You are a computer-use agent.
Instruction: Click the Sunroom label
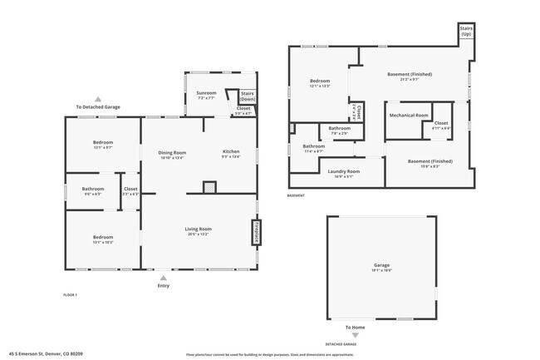click(x=206, y=92)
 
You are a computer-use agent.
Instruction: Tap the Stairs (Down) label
click(x=247, y=96)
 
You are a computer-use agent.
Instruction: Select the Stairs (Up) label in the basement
click(x=466, y=31)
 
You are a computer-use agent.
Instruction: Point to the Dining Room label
click(x=172, y=152)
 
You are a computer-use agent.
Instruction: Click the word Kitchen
click(x=231, y=152)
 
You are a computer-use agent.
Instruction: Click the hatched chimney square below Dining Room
click(x=209, y=188)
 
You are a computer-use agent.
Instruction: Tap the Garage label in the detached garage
click(x=380, y=266)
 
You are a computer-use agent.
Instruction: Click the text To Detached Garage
click(x=98, y=107)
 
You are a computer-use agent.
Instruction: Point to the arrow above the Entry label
click(x=162, y=278)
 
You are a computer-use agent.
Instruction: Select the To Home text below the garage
click(x=356, y=328)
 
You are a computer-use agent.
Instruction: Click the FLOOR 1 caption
click(x=70, y=295)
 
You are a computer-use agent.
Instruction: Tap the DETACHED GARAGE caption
click(x=341, y=343)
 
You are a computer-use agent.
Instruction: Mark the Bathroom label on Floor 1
click(x=92, y=189)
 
